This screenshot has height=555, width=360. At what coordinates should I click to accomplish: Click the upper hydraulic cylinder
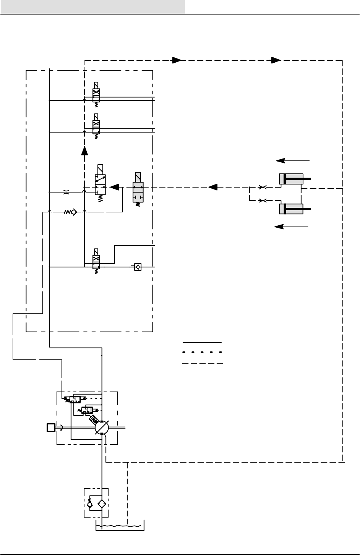(x=291, y=179)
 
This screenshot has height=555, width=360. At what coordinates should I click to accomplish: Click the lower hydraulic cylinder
(x=291, y=209)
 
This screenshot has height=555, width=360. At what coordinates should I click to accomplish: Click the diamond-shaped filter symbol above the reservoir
(x=102, y=504)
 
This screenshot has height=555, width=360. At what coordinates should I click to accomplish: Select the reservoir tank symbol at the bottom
(x=120, y=526)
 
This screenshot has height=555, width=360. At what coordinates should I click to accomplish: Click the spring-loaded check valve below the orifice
(x=71, y=212)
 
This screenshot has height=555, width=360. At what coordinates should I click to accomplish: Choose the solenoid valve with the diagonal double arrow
(x=101, y=184)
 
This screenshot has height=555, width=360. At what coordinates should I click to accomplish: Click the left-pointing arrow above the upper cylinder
(x=293, y=160)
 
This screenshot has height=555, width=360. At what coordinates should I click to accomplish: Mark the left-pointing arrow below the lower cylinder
(x=292, y=227)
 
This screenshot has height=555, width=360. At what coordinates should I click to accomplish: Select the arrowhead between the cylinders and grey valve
(x=213, y=187)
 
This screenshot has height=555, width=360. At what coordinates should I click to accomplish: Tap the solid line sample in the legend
(x=202, y=342)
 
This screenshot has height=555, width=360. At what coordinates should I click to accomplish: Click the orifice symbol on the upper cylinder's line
(x=263, y=187)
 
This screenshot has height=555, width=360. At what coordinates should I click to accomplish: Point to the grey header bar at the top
(x=92, y=7)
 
